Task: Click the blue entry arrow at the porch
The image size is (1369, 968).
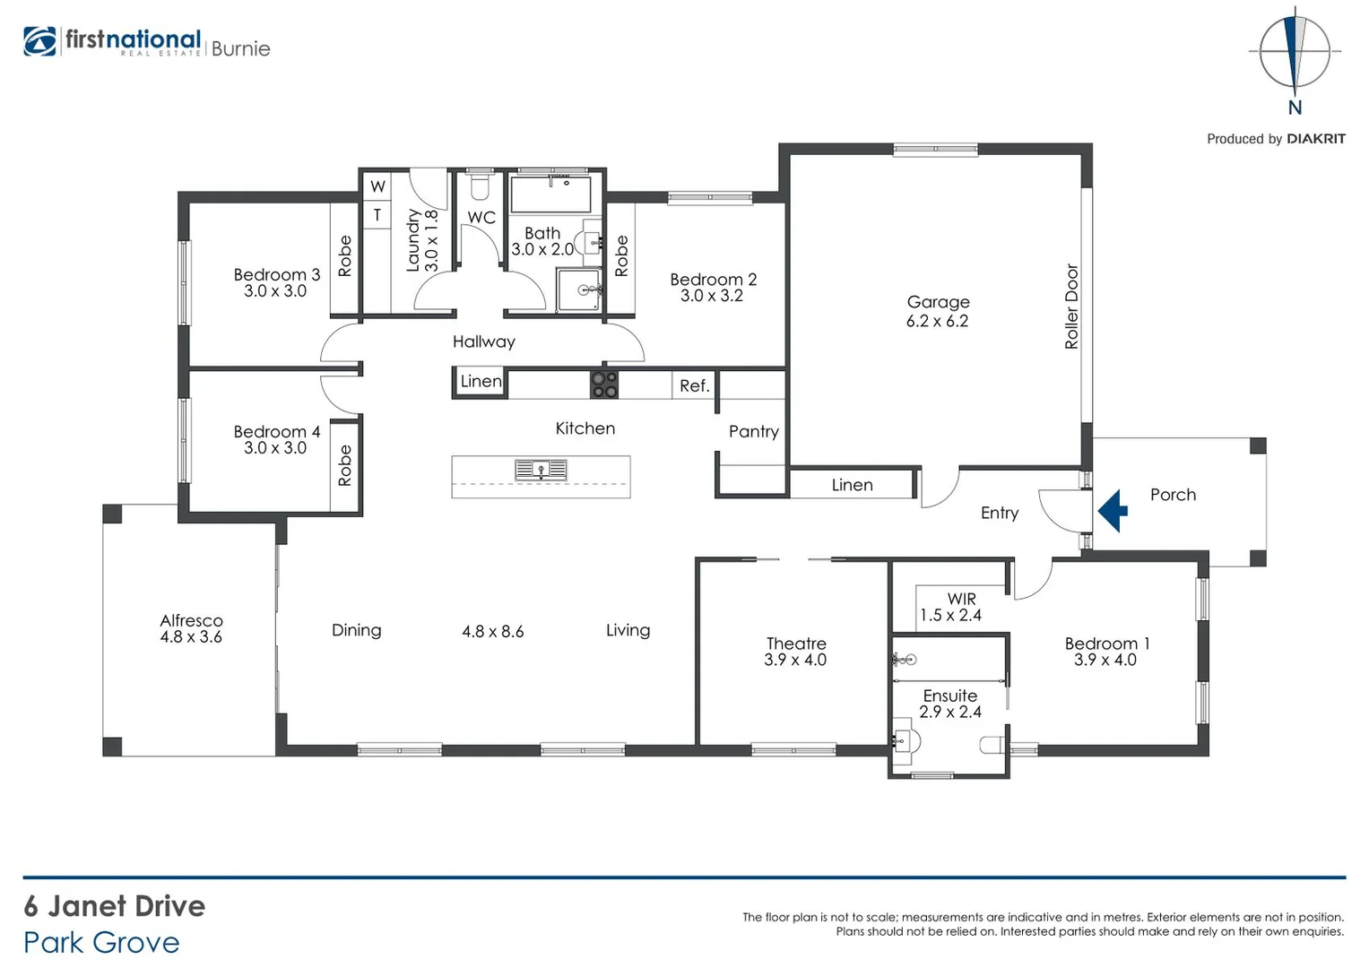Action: pos(1113,511)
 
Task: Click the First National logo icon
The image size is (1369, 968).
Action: pos(40,42)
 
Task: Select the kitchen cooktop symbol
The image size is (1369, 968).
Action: pos(603,385)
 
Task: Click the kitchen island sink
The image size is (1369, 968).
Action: pos(541,470)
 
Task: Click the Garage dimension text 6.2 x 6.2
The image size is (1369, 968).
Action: pos(937,321)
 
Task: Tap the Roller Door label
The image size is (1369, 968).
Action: pos(1071,307)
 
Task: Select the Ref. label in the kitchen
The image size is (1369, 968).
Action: pos(694,386)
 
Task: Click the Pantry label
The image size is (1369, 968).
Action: pos(753,431)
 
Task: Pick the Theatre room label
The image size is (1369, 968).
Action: pos(796,644)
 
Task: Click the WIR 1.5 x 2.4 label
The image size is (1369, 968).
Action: pos(950,607)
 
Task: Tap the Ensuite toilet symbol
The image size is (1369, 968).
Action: pos(993,745)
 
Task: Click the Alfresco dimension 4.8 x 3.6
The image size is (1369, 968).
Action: pos(191,637)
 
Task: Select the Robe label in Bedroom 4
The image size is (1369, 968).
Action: pos(345,466)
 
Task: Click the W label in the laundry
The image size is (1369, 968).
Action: pos(377,186)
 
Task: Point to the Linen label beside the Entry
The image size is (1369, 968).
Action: pos(852,485)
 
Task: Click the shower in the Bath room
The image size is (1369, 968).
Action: pos(579,290)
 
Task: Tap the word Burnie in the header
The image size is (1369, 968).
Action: pos(240,48)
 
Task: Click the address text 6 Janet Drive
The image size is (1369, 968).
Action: pos(115,906)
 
